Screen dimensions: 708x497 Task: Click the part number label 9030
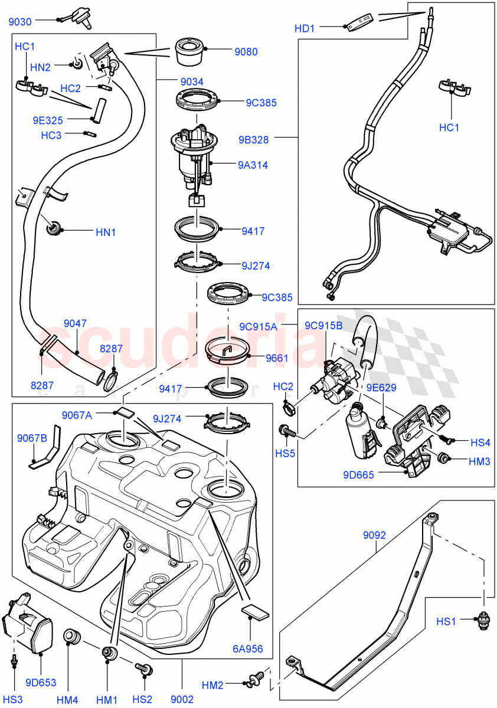tap(20, 22)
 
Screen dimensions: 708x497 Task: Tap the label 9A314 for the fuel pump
tap(253, 165)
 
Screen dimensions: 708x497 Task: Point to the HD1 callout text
tap(306, 28)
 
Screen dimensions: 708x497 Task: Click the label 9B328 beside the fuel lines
tap(254, 140)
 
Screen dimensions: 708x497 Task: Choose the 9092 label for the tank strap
tap(374, 536)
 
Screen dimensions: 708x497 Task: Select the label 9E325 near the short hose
tap(48, 120)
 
